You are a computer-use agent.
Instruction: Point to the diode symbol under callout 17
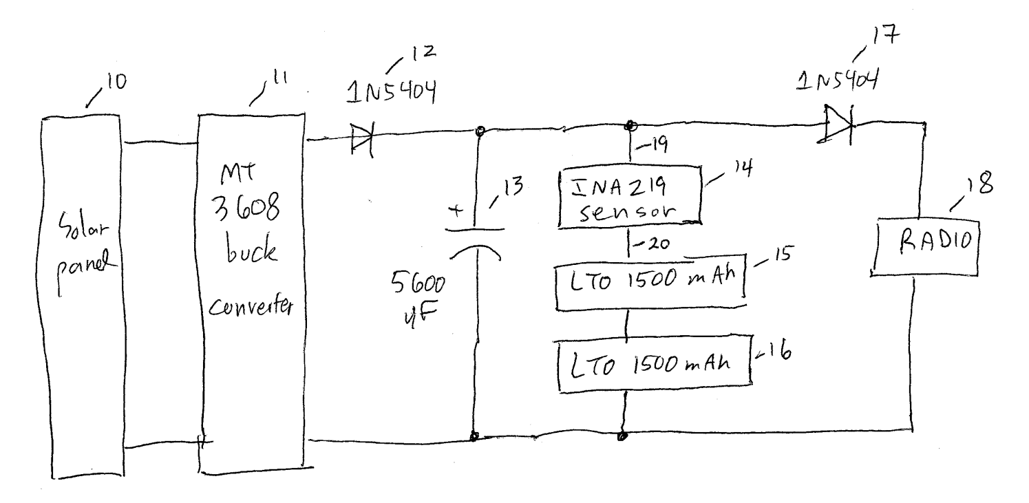click(x=837, y=124)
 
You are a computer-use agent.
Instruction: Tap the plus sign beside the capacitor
click(x=456, y=211)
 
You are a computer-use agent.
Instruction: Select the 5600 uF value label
click(x=418, y=299)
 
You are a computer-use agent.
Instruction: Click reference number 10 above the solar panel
click(x=116, y=82)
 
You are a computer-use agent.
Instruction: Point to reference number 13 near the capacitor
click(x=513, y=186)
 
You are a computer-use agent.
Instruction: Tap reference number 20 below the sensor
click(x=658, y=244)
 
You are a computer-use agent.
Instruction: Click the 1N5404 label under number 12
click(x=391, y=92)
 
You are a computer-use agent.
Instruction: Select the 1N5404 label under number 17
click(x=837, y=80)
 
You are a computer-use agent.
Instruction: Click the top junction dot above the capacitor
click(x=480, y=131)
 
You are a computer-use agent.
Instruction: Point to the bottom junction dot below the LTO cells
click(x=622, y=436)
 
